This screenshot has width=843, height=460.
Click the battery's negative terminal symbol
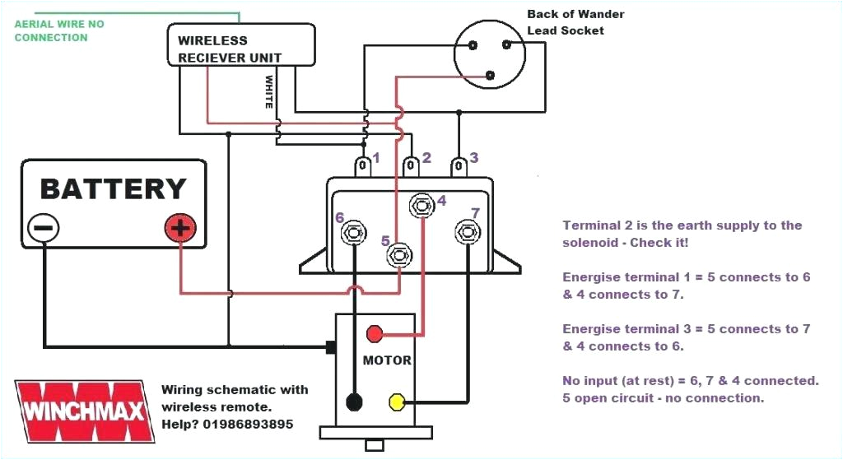coord(44,228)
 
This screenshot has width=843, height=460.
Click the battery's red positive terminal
coord(179,228)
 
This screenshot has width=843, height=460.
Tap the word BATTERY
coord(114,189)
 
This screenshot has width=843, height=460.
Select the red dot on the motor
coord(375,333)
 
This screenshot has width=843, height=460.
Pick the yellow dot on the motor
coord(397,402)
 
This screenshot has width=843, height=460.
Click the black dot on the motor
coord(355,402)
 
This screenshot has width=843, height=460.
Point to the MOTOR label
coord(387,360)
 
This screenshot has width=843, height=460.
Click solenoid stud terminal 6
coord(355,233)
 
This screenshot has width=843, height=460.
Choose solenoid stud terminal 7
coord(467,231)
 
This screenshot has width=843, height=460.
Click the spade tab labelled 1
coord(362,167)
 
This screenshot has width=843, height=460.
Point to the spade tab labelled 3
coord(458,167)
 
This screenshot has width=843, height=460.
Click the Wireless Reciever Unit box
coord(240,45)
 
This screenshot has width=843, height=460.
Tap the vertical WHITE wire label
coord(268,92)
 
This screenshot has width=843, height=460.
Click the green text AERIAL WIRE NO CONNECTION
coord(59,31)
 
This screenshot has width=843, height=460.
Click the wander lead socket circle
coord(490,53)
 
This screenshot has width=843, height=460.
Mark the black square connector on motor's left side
coord(330,347)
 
